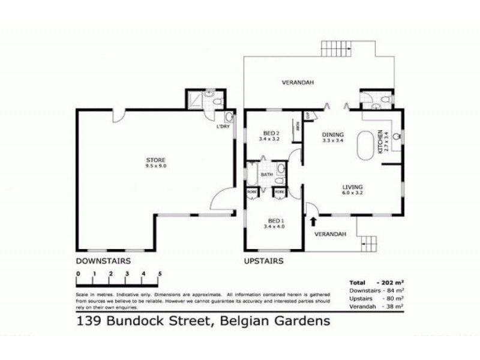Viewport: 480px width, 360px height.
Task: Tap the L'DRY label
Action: pyautogui.click(x=223, y=127)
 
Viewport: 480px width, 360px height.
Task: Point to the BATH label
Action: pyautogui.click(x=266, y=175)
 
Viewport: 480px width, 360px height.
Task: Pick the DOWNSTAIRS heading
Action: pyautogui.click(x=103, y=261)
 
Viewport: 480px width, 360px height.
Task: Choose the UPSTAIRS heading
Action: pyautogui.click(x=263, y=261)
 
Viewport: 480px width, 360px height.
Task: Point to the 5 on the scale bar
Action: pyautogui.click(x=160, y=274)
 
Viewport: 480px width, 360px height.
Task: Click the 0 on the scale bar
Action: pyautogui.click(x=77, y=274)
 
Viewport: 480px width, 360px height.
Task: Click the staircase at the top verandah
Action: pyautogui.click(x=337, y=47)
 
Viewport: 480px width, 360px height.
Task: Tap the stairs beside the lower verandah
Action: pyautogui.click(x=370, y=244)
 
